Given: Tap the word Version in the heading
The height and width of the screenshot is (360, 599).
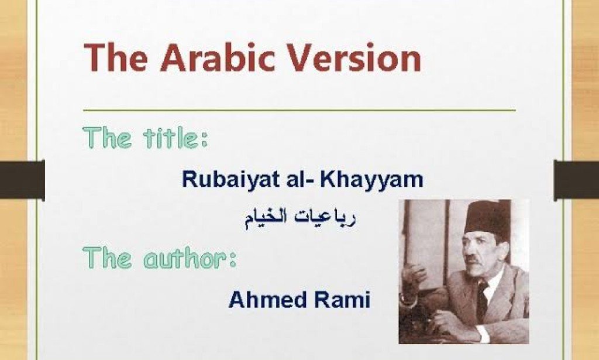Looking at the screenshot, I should [x=355, y=59].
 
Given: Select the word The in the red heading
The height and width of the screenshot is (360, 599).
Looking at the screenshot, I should [x=118, y=59].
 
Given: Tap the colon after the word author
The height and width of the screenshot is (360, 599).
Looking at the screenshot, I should [x=232, y=260].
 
